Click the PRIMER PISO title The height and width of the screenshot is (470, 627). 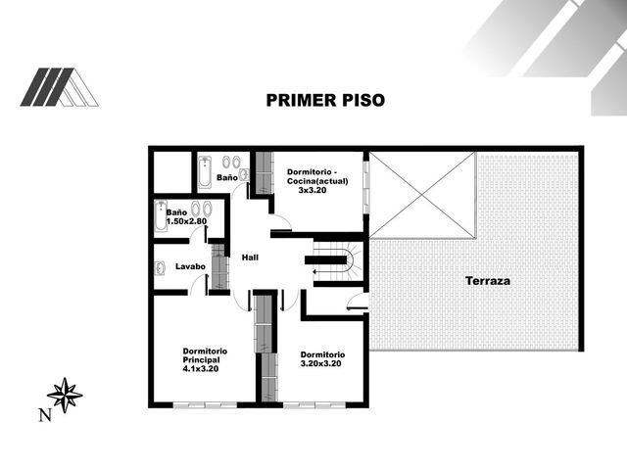tap(325, 100)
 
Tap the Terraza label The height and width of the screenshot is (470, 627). tap(488, 281)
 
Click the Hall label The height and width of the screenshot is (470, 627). tap(250, 258)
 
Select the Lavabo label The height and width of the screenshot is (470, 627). tap(190, 266)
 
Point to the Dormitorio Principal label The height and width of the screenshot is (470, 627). tap(205, 355)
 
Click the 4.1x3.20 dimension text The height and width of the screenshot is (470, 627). tap(201, 369)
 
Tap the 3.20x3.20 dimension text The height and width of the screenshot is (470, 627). tap(320, 363)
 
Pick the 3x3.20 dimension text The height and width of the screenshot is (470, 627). tap(313, 190)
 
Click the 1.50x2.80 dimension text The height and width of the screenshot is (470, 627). tap(186, 221)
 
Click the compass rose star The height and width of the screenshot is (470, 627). tap(65, 395)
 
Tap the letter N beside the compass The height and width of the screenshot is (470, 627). tap(45, 415)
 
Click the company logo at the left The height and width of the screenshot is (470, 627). tap(59, 87)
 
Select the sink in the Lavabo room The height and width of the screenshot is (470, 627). tap(161, 268)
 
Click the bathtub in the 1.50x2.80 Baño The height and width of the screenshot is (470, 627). tap(161, 216)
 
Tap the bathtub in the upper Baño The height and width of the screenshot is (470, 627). tap(205, 172)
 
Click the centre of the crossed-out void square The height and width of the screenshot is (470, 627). tap(422, 195)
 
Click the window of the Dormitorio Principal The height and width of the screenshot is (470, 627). tap(205, 405)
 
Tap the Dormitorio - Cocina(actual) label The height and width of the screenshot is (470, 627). tap(317, 176)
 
